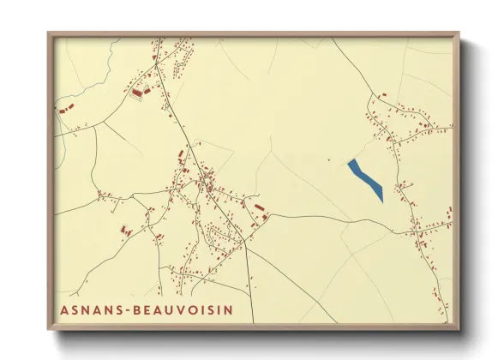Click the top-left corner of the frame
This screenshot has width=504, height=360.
tap(48, 33)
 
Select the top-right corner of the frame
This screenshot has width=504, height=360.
tap(459, 33)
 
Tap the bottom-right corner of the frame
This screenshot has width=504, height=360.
tap(459, 330)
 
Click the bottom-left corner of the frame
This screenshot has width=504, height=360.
tap(48, 330)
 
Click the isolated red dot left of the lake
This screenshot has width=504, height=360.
tap(329, 159)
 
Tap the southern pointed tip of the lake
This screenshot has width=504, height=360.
tap(381, 201)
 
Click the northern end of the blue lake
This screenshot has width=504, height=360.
tap(351, 161)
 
